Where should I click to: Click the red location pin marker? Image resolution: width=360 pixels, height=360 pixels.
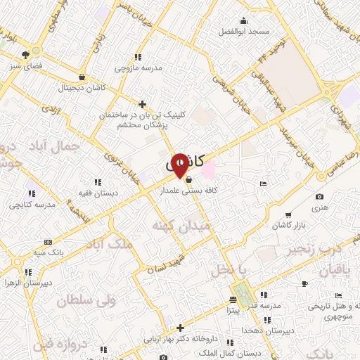click(180, 165)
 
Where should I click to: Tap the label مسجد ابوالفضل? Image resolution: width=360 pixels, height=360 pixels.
click(243, 32)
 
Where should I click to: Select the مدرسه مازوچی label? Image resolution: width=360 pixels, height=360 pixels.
click(138, 68)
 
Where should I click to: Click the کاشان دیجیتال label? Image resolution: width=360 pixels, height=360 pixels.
click(83, 88)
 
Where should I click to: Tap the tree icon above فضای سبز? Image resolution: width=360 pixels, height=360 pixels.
click(26, 53)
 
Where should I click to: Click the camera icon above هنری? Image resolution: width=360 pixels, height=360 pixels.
click(320, 196)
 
